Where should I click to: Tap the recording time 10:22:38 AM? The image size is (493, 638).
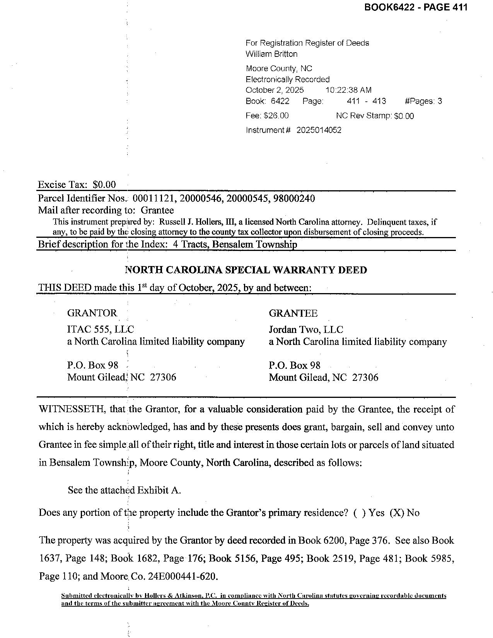348,90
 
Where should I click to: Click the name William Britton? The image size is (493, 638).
271,54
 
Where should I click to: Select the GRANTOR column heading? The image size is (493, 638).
92,313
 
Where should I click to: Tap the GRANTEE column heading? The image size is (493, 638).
293,313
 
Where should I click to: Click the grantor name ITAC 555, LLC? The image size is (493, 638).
101,329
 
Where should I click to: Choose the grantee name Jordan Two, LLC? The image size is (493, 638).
306,329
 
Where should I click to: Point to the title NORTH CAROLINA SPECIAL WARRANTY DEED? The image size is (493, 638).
246,270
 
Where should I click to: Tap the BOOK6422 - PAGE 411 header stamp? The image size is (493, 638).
416,7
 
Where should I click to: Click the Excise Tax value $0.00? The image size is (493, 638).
104,185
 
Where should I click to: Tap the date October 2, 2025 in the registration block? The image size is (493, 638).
275,90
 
